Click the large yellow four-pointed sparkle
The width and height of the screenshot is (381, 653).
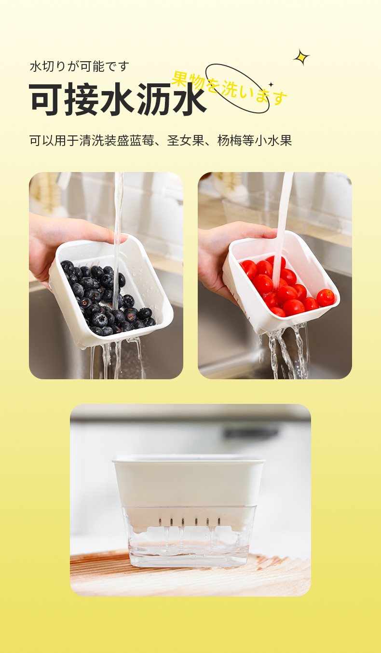tap(301, 57)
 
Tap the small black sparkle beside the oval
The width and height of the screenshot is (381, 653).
tap(271, 84)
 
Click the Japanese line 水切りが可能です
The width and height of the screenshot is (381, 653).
tap(79, 67)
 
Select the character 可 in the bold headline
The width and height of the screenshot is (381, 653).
tap(46, 99)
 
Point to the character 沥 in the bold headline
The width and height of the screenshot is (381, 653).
tap(153, 99)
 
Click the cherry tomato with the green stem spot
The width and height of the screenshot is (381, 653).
tap(326, 297)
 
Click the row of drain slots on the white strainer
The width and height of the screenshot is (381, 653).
tap(189, 520)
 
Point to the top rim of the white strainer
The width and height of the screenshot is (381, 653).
tap(189, 459)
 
